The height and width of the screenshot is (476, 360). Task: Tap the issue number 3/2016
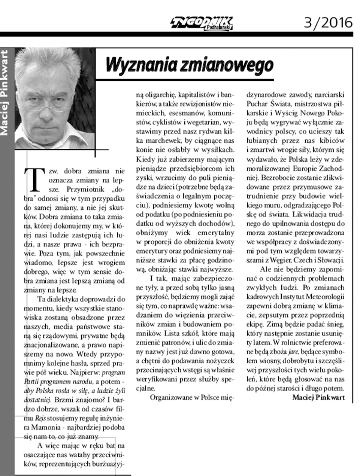(x=328, y=22)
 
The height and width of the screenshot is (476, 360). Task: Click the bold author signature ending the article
(x=319, y=397)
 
